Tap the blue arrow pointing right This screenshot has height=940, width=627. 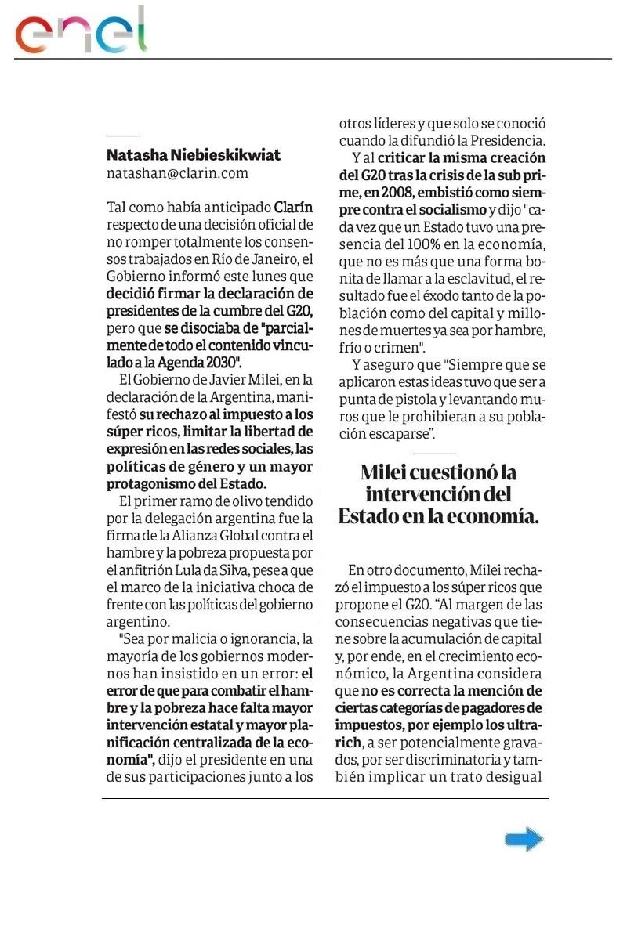524,839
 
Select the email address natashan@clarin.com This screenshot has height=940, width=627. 177,173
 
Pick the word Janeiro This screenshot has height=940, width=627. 275,259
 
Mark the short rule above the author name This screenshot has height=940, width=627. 123,136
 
